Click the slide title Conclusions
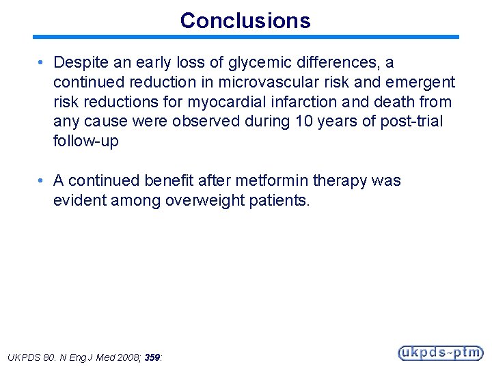[x=245, y=20]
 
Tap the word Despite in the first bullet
[x=80, y=63]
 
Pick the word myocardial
[x=227, y=102]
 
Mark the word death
[x=396, y=102]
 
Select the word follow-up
[x=85, y=141]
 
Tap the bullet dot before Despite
[x=42, y=63]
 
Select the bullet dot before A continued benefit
[x=42, y=181]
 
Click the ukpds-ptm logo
[x=440, y=353]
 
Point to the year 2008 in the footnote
[x=126, y=357]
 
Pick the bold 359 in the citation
[x=152, y=357]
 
